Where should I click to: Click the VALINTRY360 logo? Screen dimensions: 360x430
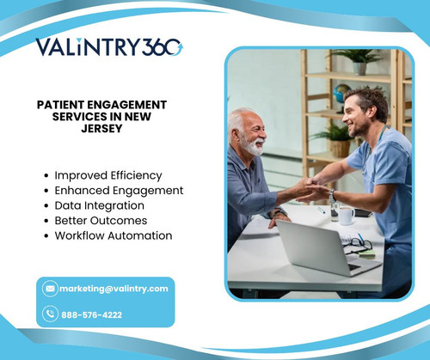coord(108,46)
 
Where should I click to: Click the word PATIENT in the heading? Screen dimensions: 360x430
coord(65,104)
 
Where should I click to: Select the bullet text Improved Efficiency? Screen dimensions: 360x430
coord(107,175)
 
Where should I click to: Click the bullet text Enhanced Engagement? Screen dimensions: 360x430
coord(119,190)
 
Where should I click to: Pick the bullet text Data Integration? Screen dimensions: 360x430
coord(99,205)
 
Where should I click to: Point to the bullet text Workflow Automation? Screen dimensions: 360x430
coord(113,235)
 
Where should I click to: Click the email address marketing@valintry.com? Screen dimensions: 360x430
coord(114,289)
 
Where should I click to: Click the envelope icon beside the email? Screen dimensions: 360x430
coord(50,289)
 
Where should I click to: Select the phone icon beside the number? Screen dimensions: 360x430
coord(50,314)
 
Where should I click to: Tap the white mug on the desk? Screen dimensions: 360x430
coord(346,216)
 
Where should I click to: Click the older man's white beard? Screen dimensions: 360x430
coord(253,146)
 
